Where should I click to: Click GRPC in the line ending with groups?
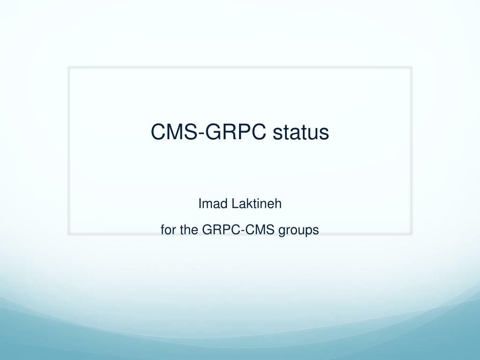tap(218, 230)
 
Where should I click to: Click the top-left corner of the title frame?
tap(69, 67)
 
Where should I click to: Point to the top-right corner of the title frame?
tap(411, 67)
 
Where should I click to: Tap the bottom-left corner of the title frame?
tap(69, 233)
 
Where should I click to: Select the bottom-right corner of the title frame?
tap(411, 233)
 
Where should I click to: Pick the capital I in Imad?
tap(200, 204)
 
